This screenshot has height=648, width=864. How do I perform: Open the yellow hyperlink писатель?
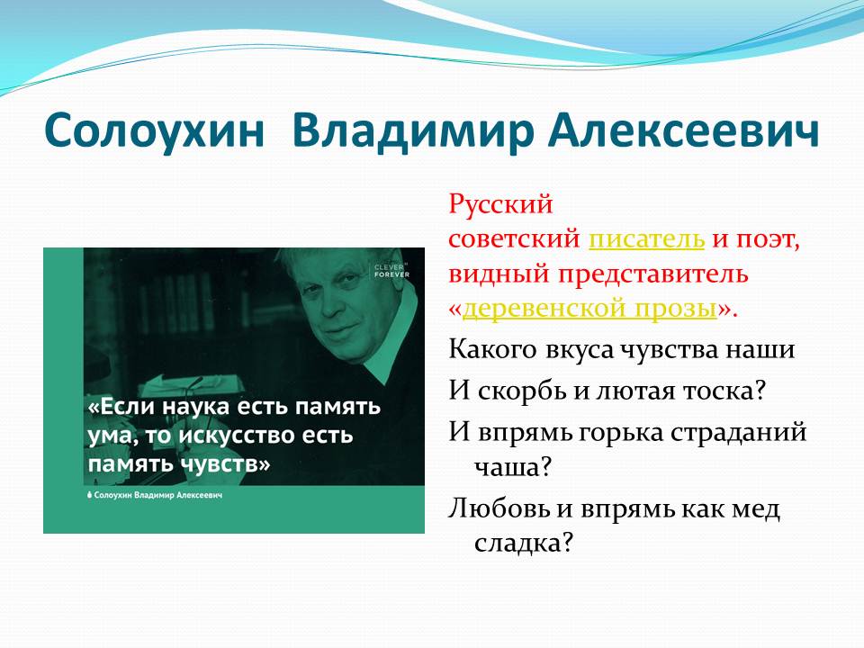click(646, 238)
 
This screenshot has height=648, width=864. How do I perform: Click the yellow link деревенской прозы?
click(589, 308)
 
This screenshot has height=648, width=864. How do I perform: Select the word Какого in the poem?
click(492, 349)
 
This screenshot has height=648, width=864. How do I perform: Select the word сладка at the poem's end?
click(517, 543)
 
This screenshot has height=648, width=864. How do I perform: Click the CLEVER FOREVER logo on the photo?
click(391, 271)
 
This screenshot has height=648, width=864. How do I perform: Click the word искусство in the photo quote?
click(237, 436)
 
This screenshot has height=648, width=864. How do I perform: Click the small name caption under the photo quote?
click(155, 495)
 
